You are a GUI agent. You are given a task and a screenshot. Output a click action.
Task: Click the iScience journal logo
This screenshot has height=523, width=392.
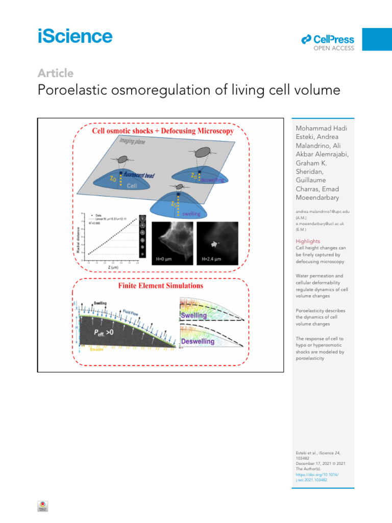(75, 36)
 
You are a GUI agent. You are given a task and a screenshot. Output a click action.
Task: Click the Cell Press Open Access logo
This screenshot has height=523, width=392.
(327, 42)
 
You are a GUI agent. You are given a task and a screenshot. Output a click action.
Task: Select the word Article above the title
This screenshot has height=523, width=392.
(55, 73)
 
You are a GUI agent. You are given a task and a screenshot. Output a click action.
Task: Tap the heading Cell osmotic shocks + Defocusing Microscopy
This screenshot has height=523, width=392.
(162, 131)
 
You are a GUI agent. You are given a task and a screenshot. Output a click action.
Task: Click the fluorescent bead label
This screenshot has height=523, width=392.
(139, 175)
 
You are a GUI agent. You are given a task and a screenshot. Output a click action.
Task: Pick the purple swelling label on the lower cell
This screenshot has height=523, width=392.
(191, 213)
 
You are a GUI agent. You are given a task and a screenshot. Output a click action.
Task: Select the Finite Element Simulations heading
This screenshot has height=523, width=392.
(160, 286)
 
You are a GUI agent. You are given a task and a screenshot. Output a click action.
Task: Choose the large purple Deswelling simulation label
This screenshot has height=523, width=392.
(198, 341)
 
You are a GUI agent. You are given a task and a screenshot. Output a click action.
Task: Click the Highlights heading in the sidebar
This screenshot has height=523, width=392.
(308, 241)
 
